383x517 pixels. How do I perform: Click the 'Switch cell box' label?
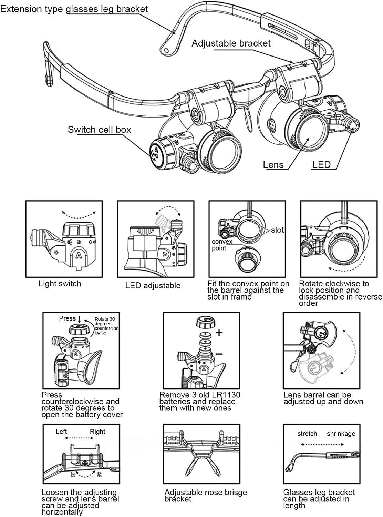pyautogui.click(x=99, y=130)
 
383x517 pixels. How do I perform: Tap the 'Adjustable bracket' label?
pyautogui.click(x=231, y=43)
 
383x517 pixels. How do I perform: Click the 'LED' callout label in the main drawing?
pyautogui.click(x=321, y=165)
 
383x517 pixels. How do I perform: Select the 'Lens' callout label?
pyautogui.click(x=273, y=165)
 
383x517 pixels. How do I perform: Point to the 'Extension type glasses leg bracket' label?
pyautogui.click(x=74, y=9)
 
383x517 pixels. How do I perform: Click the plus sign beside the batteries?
pyautogui.click(x=219, y=333)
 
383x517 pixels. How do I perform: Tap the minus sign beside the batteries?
pyautogui.click(x=219, y=354)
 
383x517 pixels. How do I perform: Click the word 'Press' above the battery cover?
pyautogui.click(x=67, y=318)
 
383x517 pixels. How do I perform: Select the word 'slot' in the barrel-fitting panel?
pyautogui.click(x=277, y=230)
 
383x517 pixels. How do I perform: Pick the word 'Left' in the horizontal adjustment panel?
pyautogui.click(x=61, y=432)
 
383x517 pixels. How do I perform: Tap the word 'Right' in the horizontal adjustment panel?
pyautogui.click(x=97, y=432)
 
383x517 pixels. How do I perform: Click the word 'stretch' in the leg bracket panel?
pyautogui.click(x=307, y=434)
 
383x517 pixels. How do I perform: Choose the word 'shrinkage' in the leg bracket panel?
pyautogui.click(x=341, y=434)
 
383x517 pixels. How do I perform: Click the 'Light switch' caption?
pyautogui.click(x=60, y=284)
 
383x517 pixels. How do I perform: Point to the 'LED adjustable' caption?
pyautogui.click(x=153, y=285)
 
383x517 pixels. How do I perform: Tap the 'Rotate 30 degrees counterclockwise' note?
pyautogui.click(x=105, y=326)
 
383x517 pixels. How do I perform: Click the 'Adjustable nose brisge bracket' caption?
pyautogui.click(x=206, y=496)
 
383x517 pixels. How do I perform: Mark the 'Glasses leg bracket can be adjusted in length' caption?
pyautogui.click(x=319, y=499)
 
